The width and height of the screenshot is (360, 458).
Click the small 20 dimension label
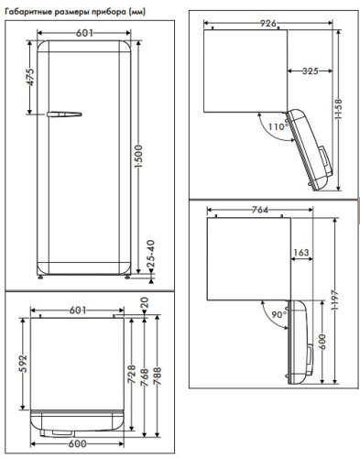(145, 303)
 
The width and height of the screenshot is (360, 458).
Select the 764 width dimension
(259, 211)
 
